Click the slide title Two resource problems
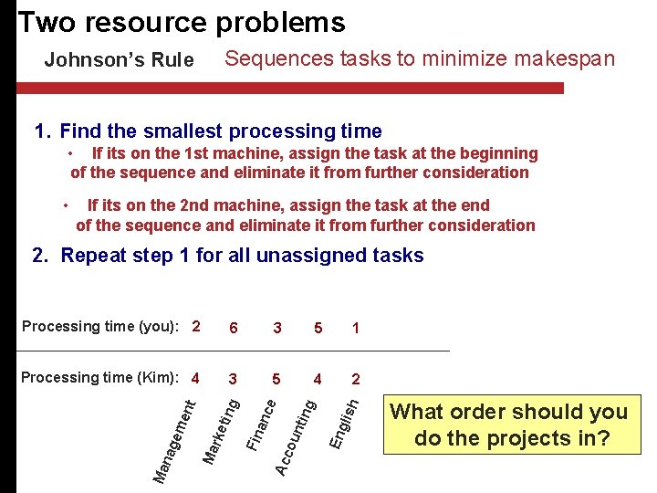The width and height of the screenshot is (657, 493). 182,22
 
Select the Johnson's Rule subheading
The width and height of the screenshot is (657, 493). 119,60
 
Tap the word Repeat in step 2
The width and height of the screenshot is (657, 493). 95,256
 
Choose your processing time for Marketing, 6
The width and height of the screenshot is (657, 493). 235,328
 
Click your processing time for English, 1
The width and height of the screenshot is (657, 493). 355,328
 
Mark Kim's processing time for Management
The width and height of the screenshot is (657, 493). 196,377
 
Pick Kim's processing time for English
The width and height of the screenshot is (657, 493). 355,379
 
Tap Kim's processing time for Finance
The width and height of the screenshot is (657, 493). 276,379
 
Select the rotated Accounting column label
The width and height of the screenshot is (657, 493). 297,435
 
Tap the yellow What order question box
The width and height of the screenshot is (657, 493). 509,425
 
